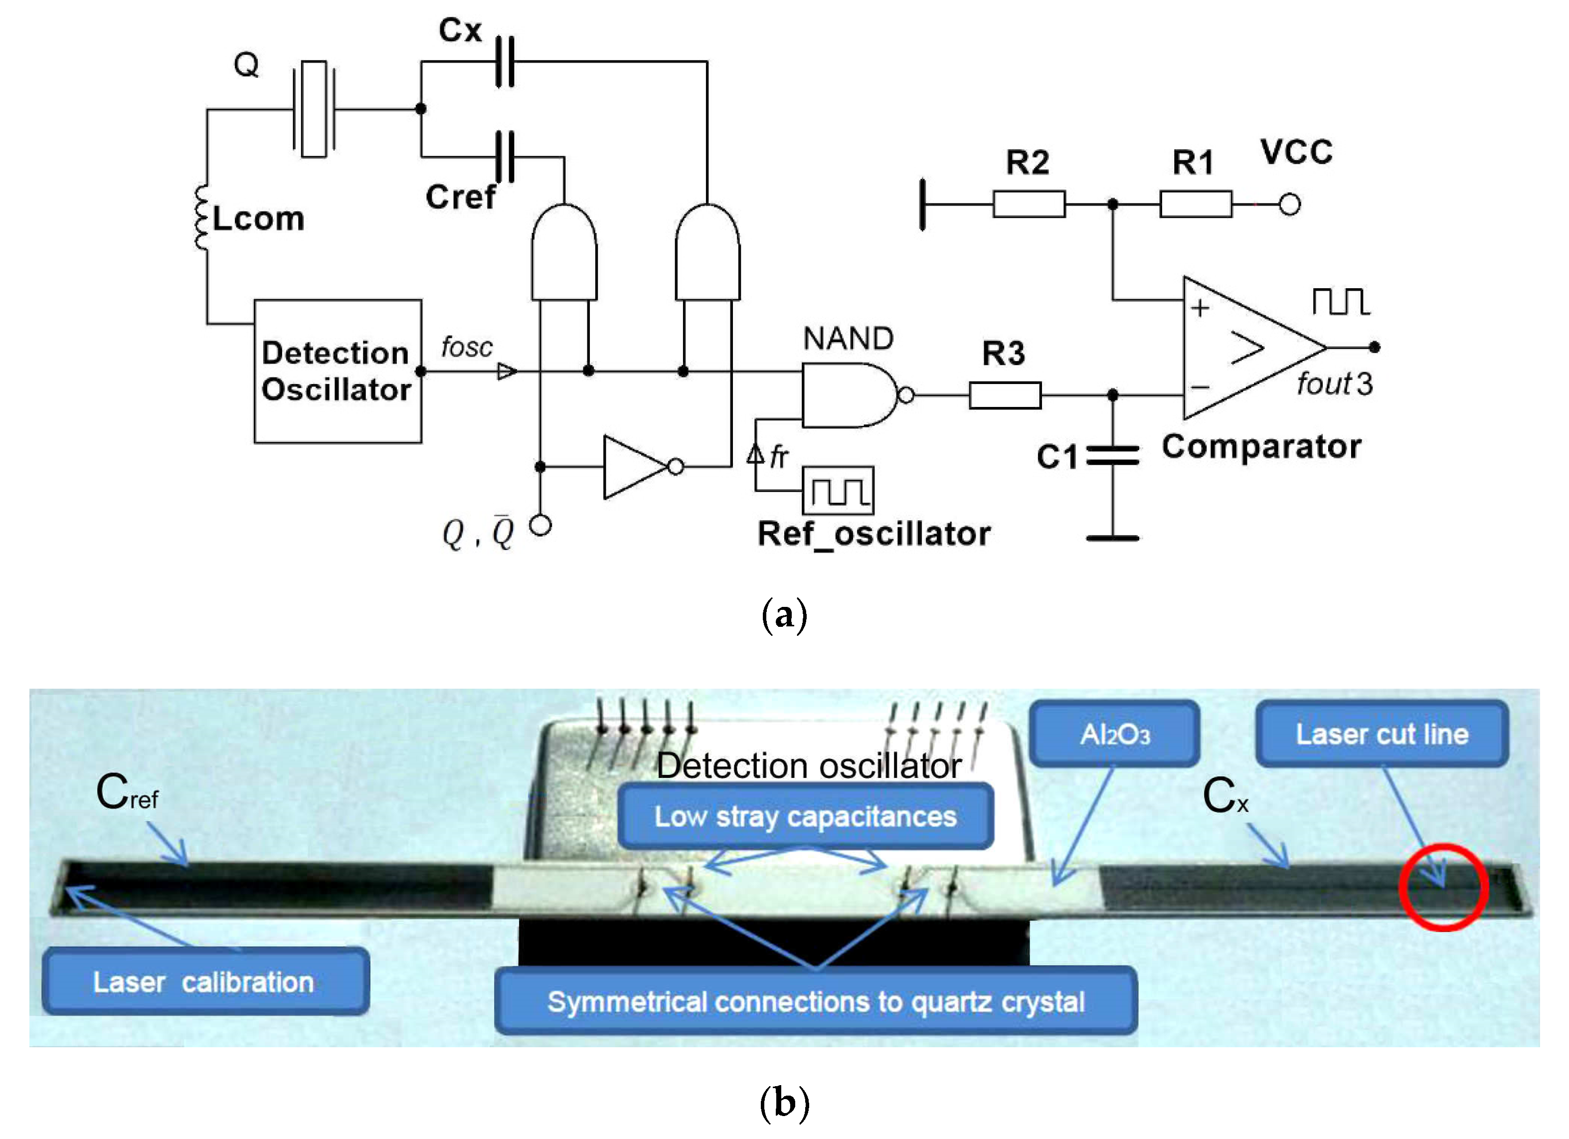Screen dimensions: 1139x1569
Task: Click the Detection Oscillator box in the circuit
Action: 338,371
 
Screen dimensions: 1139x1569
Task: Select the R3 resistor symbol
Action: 1005,395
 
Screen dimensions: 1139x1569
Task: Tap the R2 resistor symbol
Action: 1029,204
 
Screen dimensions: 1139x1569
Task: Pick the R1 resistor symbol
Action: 1196,204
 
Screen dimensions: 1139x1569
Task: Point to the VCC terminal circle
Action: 1289,204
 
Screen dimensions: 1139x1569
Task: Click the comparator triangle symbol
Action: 1238,348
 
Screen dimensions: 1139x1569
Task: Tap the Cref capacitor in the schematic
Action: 505,157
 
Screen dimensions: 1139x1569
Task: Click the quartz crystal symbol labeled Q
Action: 314,109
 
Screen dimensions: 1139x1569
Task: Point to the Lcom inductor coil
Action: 201,218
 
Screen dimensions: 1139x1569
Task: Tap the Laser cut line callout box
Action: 1382,734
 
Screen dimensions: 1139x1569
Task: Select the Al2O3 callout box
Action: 1114,734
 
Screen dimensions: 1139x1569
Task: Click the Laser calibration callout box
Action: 205,981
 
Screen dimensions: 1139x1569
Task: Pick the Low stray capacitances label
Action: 805,816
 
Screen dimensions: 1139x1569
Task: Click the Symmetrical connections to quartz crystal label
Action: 816,1001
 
